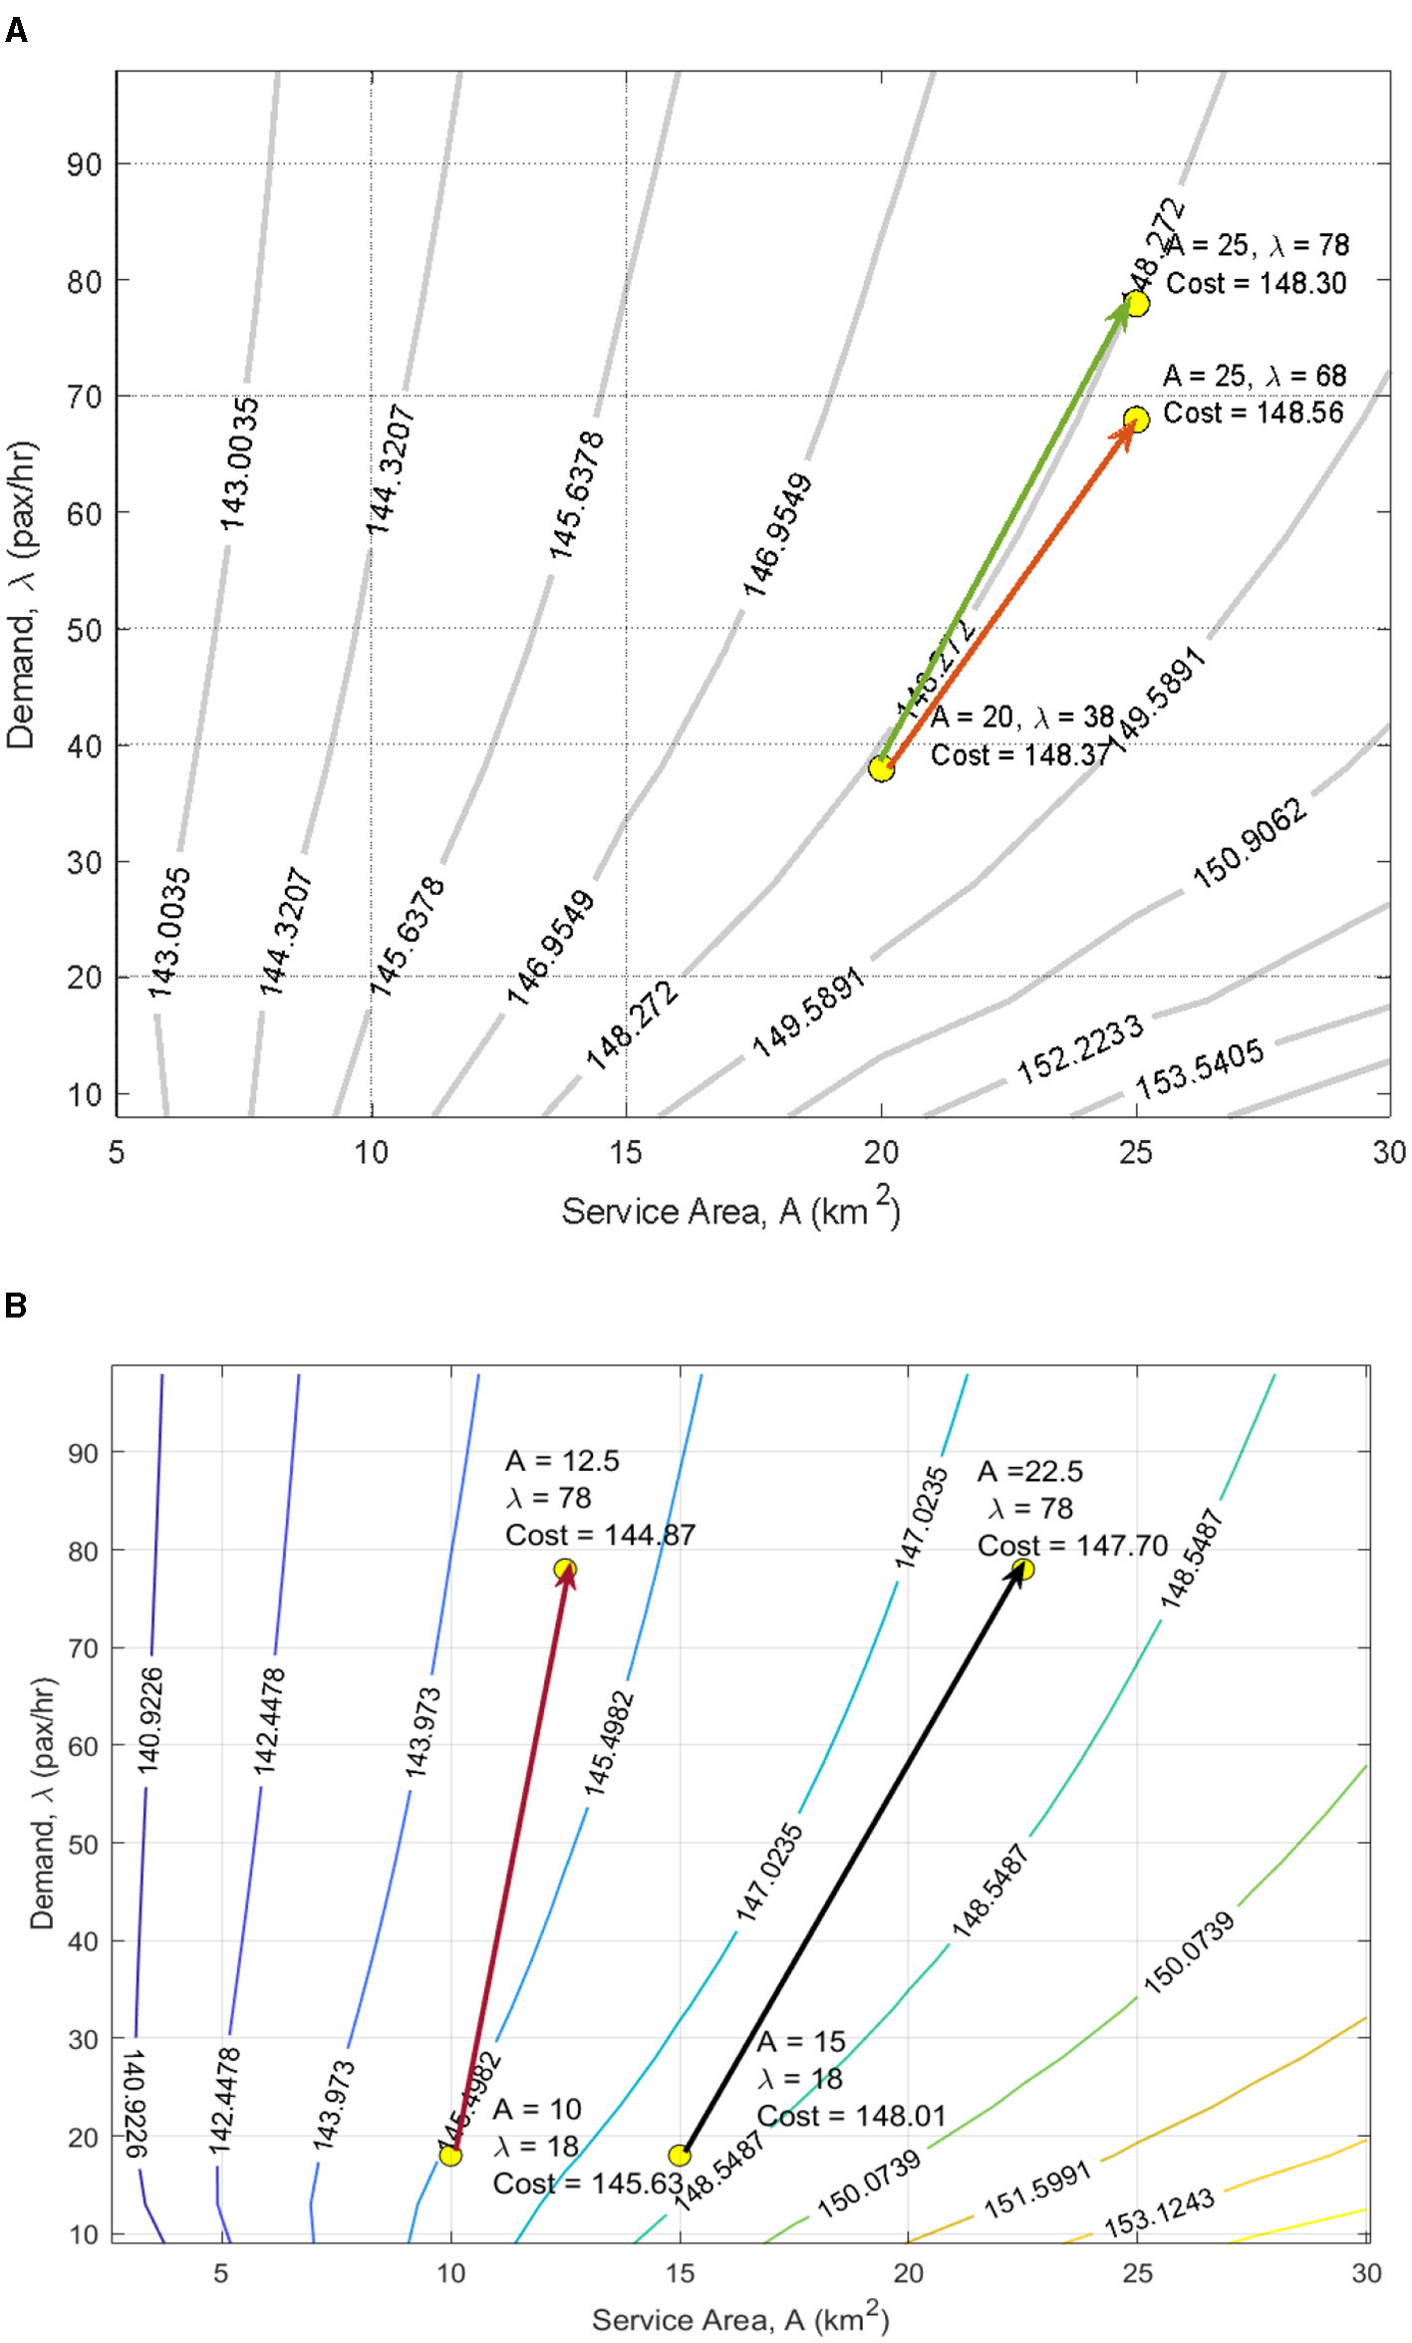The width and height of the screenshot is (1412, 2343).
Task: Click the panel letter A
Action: point(16,31)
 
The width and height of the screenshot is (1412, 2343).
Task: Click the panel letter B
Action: point(15,1305)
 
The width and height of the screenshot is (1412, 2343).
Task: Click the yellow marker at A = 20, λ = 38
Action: point(881,768)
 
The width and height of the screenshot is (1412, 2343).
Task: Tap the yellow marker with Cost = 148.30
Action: point(1136,303)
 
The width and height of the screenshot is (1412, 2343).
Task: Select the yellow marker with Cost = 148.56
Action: point(1136,420)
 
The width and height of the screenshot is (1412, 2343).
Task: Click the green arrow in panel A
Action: point(1006,528)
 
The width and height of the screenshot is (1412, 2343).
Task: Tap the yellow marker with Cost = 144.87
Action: point(565,1569)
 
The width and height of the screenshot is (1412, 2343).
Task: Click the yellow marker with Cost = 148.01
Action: point(680,2155)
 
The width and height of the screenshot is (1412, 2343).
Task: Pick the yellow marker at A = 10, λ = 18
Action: point(450,2155)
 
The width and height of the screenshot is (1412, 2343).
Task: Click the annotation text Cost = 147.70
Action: point(1071,1546)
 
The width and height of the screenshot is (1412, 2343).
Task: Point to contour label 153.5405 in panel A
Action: point(1199,1068)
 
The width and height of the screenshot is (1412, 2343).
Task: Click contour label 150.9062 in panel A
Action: point(1249,844)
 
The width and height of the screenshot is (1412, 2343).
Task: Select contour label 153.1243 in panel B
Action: point(1158,2213)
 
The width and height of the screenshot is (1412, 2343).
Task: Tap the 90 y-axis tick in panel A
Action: point(85,164)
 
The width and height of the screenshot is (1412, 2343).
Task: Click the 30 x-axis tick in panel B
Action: point(1366,2273)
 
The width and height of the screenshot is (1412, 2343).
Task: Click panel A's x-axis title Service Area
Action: point(729,1211)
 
